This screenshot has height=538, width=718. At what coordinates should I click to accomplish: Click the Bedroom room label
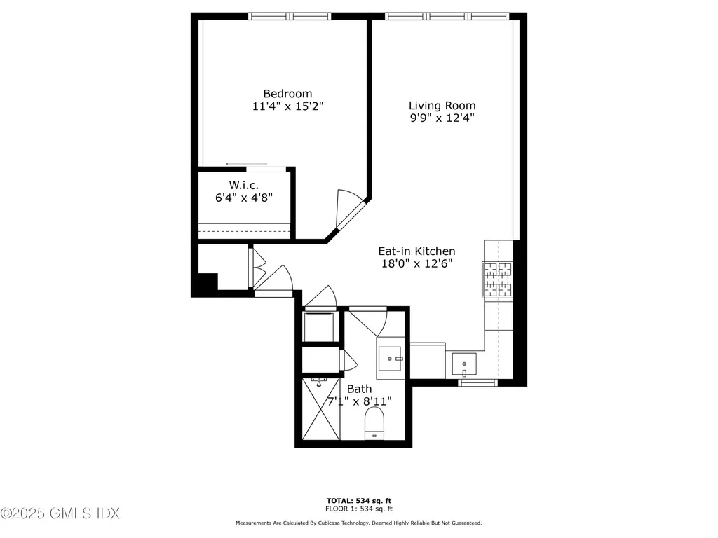[x=287, y=93]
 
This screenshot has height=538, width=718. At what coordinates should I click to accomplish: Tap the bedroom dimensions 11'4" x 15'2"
[x=287, y=106]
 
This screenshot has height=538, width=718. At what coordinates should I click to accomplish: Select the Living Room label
[x=442, y=105]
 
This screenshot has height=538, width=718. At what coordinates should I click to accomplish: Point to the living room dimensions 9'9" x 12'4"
[x=442, y=118]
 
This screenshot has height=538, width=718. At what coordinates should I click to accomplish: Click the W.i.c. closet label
[x=243, y=185]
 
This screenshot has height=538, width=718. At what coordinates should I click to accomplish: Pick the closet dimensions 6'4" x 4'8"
[x=243, y=198]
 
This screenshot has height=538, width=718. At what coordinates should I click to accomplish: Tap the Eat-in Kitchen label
[x=416, y=251]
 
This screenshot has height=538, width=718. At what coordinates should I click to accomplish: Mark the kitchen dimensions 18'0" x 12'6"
[x=416, y=264]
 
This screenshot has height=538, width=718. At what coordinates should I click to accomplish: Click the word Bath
[x=359, y=389]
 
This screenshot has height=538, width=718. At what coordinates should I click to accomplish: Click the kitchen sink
[x=463, y=364]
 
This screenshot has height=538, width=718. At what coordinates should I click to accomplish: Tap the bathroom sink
[x=389, y=359]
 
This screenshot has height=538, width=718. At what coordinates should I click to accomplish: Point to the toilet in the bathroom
[x=374, y=424]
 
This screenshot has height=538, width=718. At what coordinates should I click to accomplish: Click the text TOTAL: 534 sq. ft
[x=358, y=500]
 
